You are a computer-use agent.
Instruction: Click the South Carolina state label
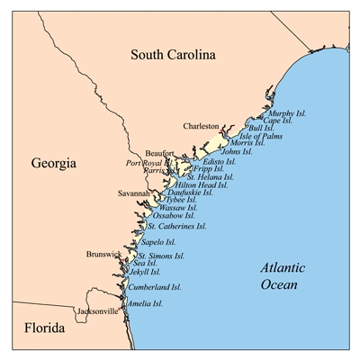[174, 55]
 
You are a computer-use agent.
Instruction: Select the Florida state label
[38, 330]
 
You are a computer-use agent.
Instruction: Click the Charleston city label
[201, 127]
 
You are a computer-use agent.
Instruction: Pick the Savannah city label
[134, 193]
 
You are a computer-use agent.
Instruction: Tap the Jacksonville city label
[96, 311]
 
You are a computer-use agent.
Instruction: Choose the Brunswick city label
[103, 255]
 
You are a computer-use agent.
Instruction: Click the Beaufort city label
[161, 154]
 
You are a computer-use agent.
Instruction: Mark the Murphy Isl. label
[288, 113]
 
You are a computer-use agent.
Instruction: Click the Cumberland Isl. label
[155, 288]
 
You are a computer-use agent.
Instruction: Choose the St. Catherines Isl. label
[176, 226]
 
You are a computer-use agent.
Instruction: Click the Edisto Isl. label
[220, 160]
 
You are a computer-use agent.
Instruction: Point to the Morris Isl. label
[247, 143]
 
